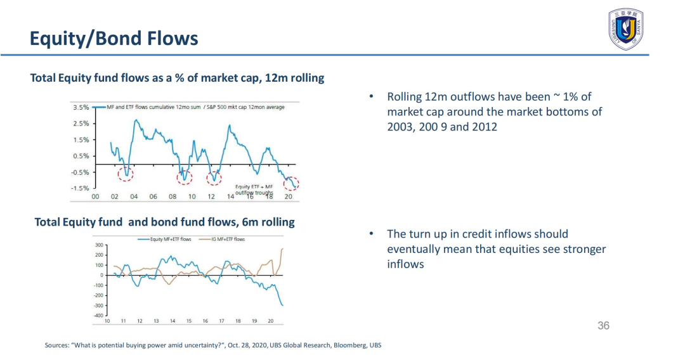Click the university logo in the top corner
(626, 30)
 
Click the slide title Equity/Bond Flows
(114, 39)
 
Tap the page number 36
(603, 326)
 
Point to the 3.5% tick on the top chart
(81, 107)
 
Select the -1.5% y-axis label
(80, 188)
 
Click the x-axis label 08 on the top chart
(173, 197)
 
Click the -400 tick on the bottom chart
(98, 315)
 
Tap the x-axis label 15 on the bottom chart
(189, 321)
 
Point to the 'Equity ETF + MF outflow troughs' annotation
(254, 190)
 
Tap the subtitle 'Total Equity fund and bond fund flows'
(164, 222)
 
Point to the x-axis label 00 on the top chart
(95, 197)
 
